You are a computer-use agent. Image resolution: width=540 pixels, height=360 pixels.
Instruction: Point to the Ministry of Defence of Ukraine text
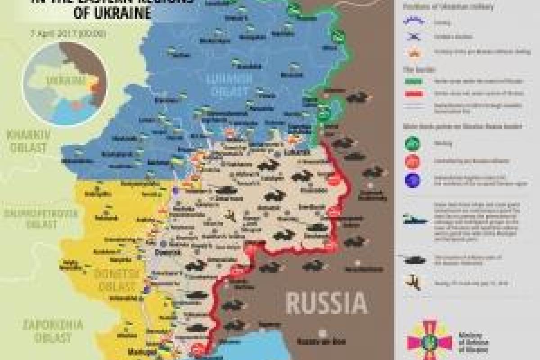coord(477,342)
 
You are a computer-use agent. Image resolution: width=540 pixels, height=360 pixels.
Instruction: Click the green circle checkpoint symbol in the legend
coord(412,144)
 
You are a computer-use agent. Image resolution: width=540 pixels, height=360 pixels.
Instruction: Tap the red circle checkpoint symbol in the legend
coord(412,161)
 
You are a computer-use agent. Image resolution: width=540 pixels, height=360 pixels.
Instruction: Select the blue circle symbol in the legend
coord(412,180)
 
